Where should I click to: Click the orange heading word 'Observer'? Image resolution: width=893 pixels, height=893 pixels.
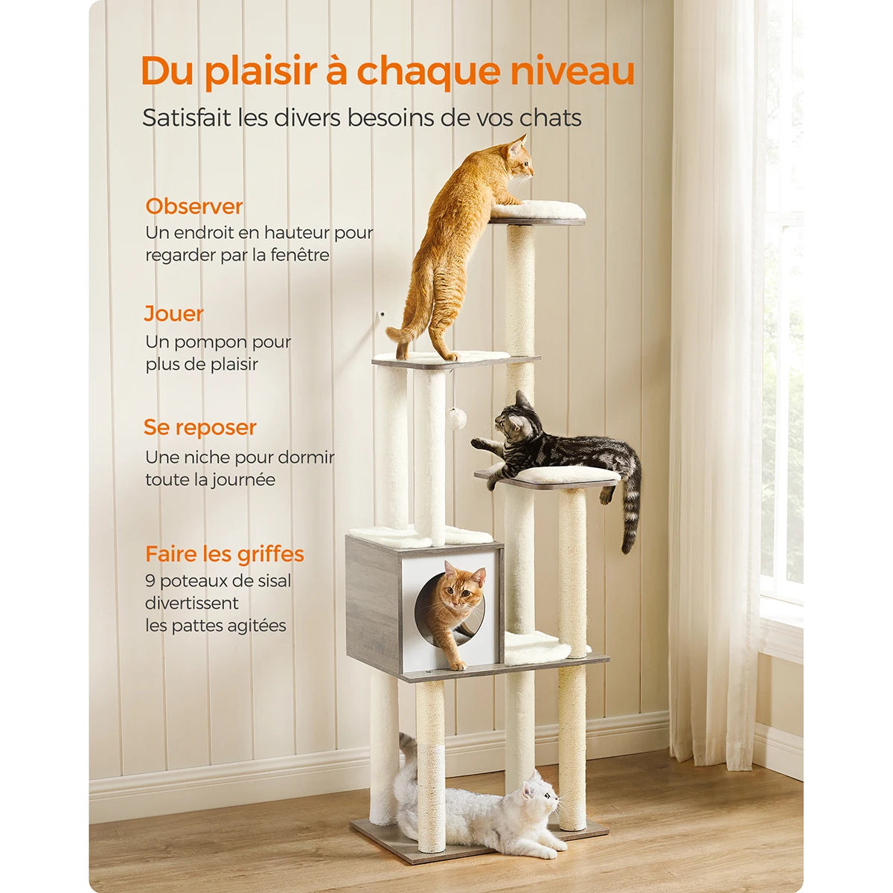(x=193, y=206)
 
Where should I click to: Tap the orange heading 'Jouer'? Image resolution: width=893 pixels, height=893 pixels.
(x=173, y=313)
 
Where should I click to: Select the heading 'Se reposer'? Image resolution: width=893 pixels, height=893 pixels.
(x=199, y=428)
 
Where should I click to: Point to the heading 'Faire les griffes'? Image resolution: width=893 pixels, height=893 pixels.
(x=225, y=554)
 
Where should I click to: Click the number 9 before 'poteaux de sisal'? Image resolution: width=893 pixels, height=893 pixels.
(x=150, y=581)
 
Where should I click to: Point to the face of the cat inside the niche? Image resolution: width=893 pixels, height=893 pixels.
(x=460, y=590)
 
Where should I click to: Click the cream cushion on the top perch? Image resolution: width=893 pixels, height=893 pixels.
(x=537, y=210)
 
